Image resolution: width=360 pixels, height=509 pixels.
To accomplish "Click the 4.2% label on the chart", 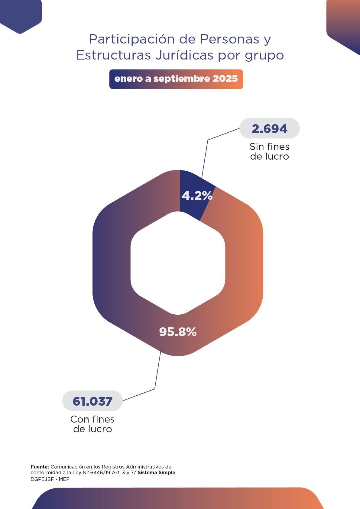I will tap(197, 196).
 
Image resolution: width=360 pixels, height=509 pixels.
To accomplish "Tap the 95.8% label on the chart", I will tap(178, 332).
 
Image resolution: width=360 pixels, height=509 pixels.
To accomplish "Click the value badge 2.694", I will tap(269, 128).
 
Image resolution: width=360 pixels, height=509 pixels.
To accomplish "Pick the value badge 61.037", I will tap(92, 401).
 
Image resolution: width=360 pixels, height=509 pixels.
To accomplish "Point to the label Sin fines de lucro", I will tap(269, 151).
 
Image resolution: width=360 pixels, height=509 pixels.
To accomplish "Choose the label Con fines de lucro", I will tap(92, 424).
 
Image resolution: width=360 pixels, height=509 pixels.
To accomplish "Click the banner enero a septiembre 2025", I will tap(176, 79).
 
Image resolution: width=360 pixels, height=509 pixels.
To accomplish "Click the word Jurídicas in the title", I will tap(185, 55).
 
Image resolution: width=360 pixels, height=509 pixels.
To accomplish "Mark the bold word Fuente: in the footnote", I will tap(40, 467).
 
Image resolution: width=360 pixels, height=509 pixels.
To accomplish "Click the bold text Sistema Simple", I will tap(156, 473).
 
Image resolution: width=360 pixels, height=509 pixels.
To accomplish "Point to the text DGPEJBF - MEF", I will tap(50, 479).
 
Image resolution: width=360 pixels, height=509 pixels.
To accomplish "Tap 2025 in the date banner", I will tap(225, 79).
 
